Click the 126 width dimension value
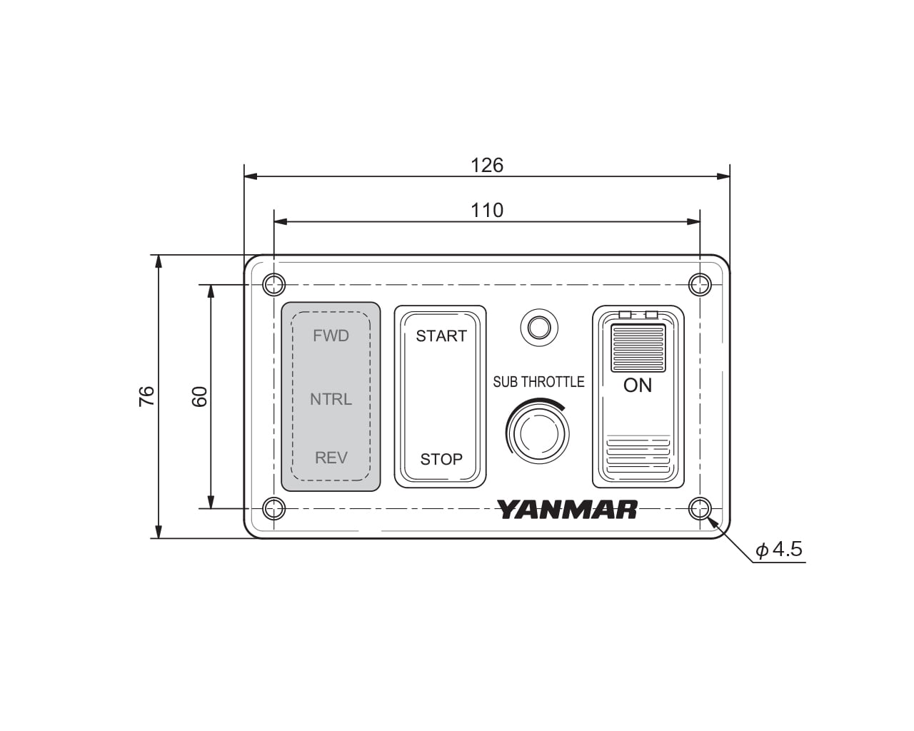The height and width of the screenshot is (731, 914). tap(487, 166)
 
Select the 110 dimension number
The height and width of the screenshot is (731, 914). tap(487, 211)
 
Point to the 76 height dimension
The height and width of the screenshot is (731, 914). tap(146, 396)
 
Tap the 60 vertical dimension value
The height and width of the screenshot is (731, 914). tap(200, 396)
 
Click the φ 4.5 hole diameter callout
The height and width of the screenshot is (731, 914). tap(779, 549)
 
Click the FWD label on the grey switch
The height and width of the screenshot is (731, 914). tap(331, 336)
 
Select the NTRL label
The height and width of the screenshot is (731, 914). tap(331, 399)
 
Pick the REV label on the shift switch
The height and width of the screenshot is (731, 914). tap(331, 458)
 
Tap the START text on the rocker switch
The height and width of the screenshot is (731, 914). tap(441, 336)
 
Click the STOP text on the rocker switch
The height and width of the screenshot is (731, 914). tap(441, 459)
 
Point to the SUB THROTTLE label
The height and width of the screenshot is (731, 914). tap(538, 382)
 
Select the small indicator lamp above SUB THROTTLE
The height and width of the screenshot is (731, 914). tap(538, 328)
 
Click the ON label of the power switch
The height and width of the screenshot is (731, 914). tap(638, 385)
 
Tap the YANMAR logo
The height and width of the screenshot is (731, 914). tap(567, 510)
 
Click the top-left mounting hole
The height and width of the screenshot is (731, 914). tap(273, 285)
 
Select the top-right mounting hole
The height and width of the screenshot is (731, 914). tap(700, 285)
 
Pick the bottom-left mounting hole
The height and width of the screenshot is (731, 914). tap(273, 509)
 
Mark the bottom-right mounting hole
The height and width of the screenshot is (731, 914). tap(700, 509)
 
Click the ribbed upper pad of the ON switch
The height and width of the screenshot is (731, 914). tap(638, 348)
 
